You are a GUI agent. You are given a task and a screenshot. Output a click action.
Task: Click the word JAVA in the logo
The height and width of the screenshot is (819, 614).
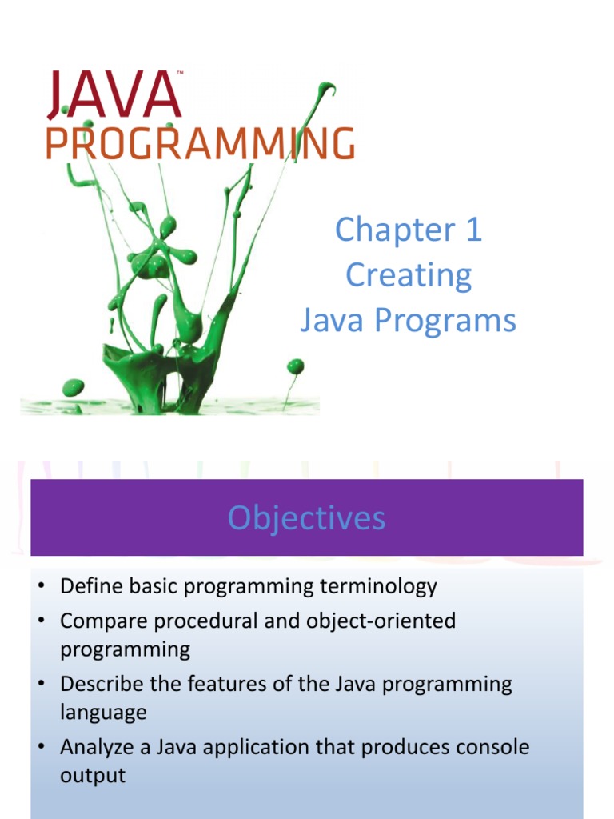point(114,94)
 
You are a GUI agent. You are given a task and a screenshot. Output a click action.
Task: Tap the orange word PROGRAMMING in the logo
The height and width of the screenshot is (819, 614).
point(200,144)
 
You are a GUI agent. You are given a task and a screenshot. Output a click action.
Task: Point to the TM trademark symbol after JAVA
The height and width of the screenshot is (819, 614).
point(180,73)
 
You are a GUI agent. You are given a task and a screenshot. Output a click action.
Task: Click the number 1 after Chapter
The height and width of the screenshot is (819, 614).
point(472,230)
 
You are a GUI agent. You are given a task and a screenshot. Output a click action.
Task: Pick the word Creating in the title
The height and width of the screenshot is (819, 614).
point(409,276)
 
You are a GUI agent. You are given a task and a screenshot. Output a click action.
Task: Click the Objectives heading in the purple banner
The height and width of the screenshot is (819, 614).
point(306,518)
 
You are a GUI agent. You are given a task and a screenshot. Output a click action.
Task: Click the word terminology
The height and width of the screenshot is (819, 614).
point(378,586)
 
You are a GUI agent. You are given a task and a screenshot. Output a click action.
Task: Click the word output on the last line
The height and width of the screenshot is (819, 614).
point(93,775)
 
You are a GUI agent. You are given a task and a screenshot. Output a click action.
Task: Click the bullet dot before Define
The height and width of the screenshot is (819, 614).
point(39,588)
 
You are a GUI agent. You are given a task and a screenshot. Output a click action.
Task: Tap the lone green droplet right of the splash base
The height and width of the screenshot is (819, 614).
point(295,366)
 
